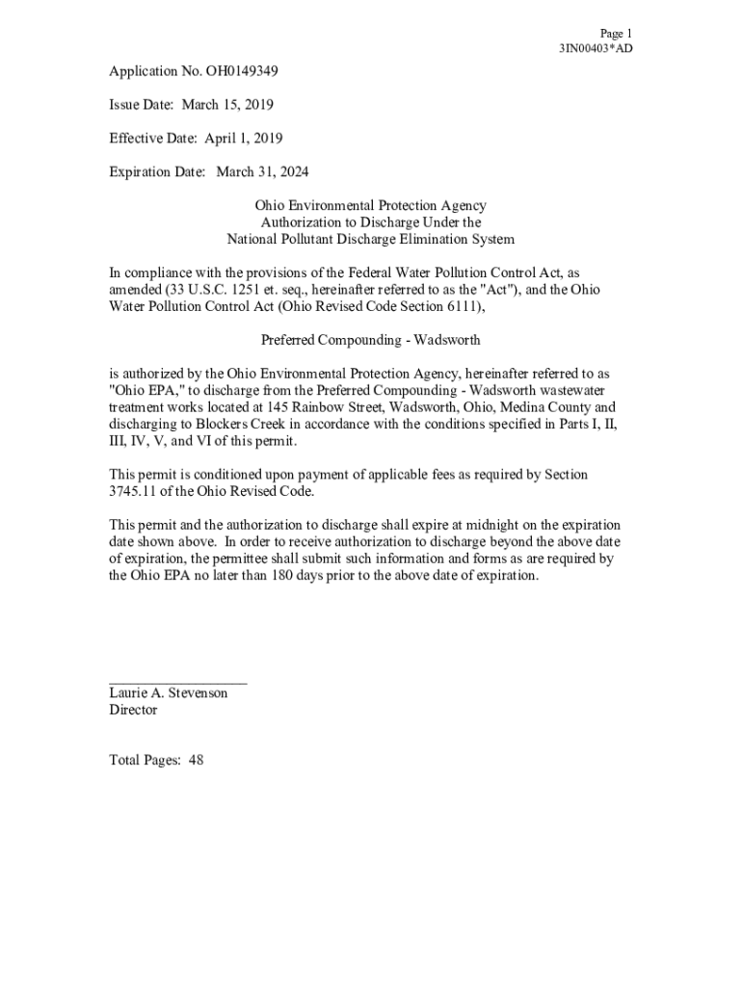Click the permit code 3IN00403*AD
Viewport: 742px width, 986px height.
point(596,48)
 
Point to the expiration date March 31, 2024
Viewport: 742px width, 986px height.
point(262,172)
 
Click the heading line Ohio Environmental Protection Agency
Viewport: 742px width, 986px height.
point(370,206)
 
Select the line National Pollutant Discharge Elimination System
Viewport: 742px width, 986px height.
point(370,239)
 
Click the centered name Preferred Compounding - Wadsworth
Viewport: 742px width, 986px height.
point(371,340)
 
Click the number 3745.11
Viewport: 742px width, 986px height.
point(134,492)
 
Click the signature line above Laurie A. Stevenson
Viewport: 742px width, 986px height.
point(178,681)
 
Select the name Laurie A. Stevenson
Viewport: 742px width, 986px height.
point(169,693)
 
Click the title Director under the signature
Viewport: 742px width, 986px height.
point(133,711)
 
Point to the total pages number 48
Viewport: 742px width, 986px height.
point(196,761)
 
